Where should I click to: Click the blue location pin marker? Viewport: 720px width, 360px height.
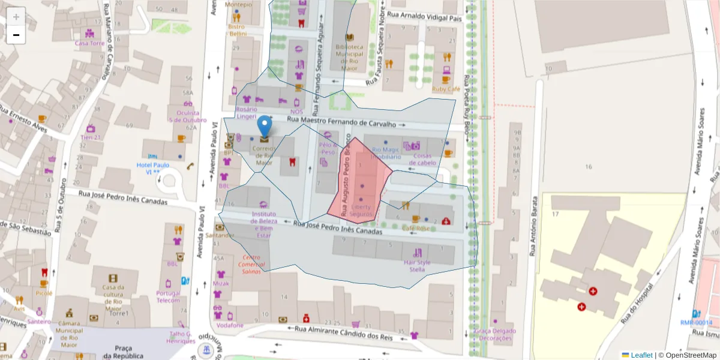tap(264, 127)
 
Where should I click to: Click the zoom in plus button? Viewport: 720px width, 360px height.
tap(16, 17)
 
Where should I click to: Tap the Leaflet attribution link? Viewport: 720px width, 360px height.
tap(641, 355)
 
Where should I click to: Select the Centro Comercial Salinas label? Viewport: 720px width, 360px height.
tap(251, 264)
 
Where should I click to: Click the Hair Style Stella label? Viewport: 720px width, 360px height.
tap(417, 266)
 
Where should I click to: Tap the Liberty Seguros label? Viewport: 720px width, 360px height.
tap(361, 211)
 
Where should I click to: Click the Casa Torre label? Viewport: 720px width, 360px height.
tap(89, 43)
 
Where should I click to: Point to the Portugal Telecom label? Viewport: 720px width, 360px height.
tap(169, 297)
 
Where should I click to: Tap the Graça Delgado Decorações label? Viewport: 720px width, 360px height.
tap(494, 334)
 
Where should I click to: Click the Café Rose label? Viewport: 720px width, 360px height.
tap(416, 229)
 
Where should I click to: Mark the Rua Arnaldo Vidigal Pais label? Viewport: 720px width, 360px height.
tap(425, 19)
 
